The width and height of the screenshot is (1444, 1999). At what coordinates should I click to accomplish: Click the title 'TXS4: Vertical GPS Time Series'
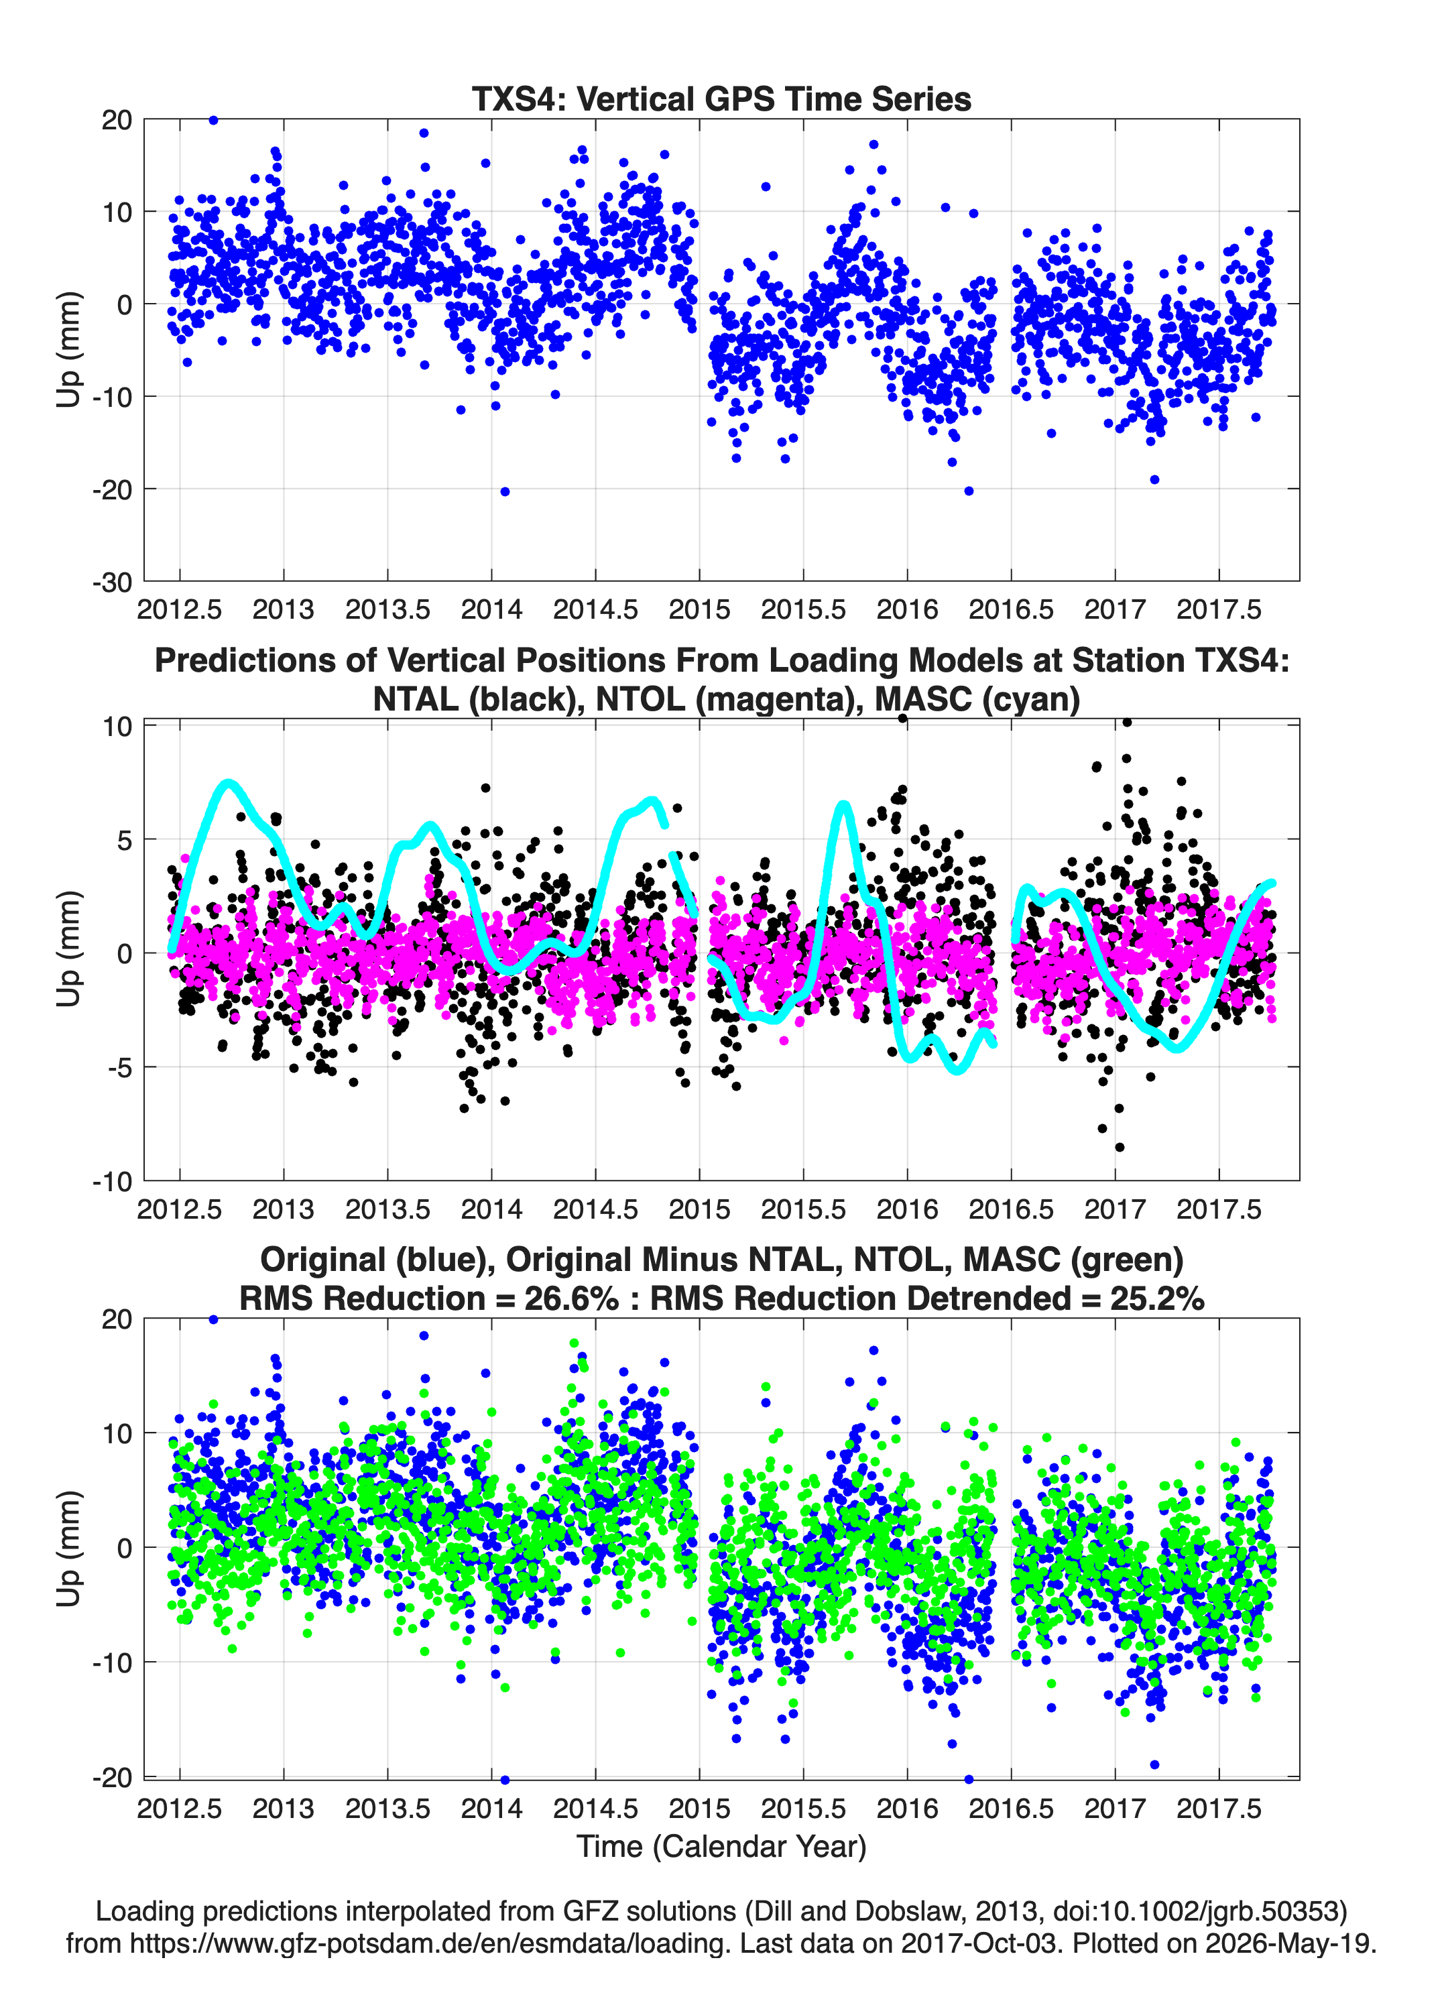tap(721, 99)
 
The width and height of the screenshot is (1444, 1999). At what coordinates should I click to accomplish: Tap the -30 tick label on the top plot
tap(112, 583)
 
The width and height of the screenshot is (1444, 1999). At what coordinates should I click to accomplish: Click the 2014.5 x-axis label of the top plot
tap(595, 609)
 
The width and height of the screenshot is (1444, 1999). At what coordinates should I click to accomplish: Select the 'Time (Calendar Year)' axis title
tap(721, 1845)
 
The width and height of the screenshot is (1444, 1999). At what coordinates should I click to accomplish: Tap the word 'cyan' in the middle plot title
tap(1027, 699)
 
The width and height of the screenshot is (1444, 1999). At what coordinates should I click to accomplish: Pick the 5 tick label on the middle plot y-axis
tap(124, 840)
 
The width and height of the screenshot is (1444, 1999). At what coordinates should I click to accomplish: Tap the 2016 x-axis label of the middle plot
tap(907, 1209)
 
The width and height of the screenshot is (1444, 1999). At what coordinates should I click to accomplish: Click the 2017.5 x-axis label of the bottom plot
tap(1219, 1808)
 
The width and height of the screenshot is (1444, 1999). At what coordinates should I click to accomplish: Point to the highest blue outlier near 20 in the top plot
tap(213, 120)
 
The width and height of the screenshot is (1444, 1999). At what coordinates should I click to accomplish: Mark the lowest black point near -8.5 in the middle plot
tap(1120, 1147)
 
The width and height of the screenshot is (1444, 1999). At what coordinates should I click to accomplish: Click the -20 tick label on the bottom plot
tap(112, 1778)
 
